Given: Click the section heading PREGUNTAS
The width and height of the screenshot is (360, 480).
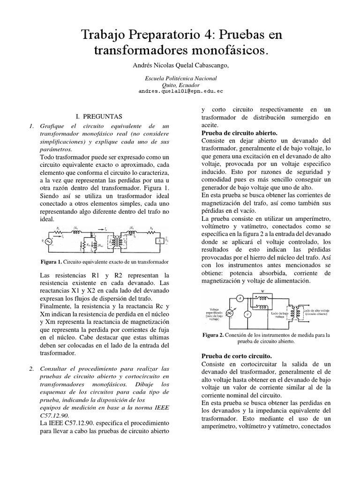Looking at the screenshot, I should click(99, 116).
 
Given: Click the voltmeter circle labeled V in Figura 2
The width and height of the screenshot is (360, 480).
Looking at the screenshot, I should click(248, 314).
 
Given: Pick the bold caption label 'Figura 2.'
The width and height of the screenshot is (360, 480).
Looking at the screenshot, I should click(213, 335).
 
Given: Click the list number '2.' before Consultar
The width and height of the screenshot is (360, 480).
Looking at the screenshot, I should click(31, 369).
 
